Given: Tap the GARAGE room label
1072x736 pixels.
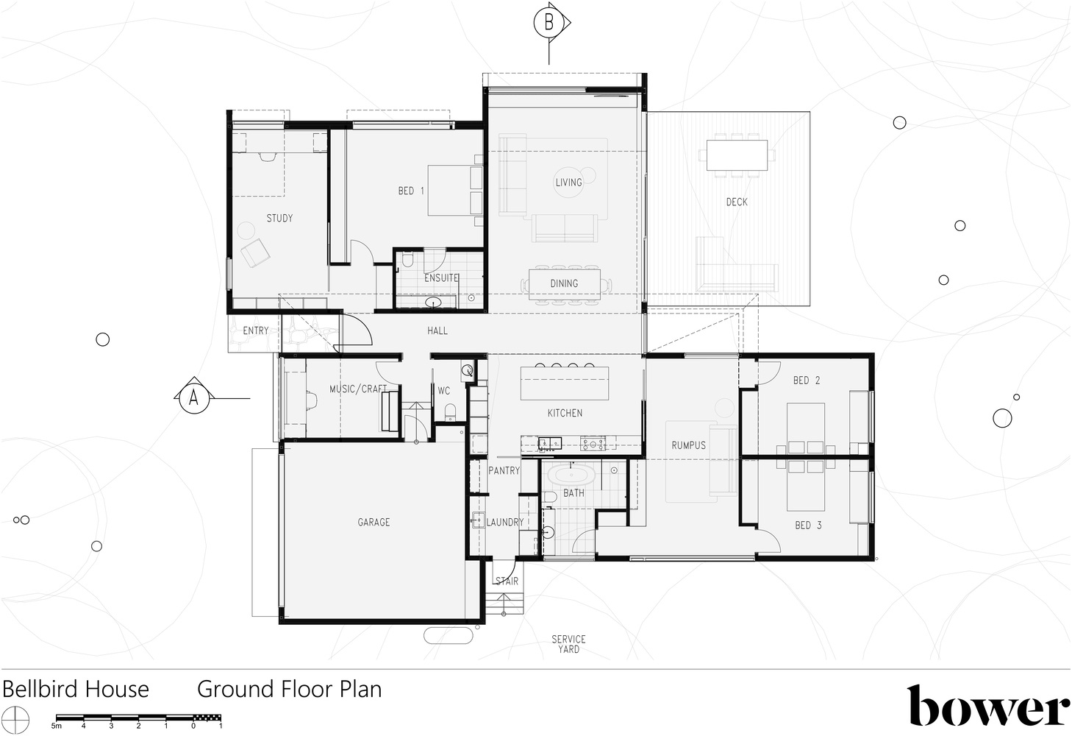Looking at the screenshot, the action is [374, 523].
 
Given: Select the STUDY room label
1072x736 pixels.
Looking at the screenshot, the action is [279, 219].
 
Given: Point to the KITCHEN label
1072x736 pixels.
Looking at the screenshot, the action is [565, 413].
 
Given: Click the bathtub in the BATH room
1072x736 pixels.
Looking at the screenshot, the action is [571, 475].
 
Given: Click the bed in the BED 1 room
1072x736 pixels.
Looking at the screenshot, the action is [455, 190].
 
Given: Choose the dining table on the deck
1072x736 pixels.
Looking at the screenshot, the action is [737, 155].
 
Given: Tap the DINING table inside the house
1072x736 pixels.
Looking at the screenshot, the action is [564, 284].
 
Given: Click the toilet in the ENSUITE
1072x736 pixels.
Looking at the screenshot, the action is [408, 259].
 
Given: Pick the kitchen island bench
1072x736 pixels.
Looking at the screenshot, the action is [565, 383].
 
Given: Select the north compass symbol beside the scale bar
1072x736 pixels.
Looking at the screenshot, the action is [15, 721].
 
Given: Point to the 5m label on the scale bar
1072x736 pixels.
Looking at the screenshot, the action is [57, 726].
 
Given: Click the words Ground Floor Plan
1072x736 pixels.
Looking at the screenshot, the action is [290, 690].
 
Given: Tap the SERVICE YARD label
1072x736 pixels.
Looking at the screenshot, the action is [568, 645].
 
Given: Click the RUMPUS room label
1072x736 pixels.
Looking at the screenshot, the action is [689, 445].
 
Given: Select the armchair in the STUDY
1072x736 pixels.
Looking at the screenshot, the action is [254, 252].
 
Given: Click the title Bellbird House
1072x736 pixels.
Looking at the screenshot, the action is [76, 690].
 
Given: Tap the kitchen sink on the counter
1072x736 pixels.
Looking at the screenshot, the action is [549, 444].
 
